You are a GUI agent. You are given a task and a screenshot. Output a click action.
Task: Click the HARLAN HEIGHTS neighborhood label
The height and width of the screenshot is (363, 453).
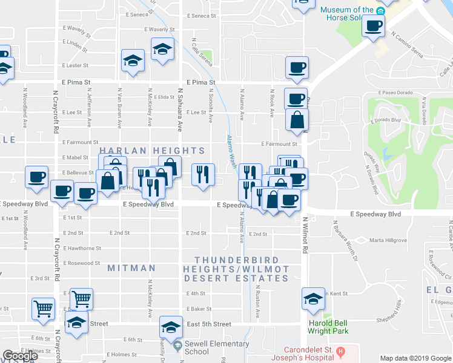click(x=152, y=151)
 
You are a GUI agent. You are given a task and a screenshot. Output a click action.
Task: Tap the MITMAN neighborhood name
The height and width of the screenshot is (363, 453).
click(x=131, y=267)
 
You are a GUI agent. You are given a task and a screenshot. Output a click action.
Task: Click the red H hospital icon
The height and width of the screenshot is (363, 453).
click(x=340, y=351)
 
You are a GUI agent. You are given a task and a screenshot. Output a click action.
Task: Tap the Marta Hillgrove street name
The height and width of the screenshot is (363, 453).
click(x=388, y=240)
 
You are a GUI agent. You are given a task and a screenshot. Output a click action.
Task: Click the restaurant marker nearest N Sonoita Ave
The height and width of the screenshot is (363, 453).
click(x=203, y=174)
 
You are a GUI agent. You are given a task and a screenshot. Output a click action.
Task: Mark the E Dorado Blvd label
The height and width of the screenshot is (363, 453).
click(x=385, y=120)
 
